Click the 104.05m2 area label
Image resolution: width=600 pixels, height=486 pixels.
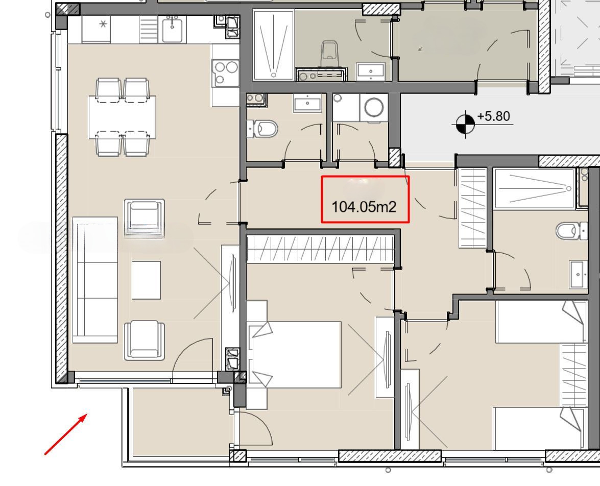pos(364,207)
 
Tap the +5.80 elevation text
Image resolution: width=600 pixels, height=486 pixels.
pos(494,116)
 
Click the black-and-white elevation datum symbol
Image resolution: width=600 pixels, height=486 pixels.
pos(465,124)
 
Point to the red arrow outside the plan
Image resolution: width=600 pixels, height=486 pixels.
pos(66,434)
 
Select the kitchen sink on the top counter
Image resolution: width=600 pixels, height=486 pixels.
pos(172,30)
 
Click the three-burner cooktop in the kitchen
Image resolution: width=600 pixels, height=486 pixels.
pos(225,72)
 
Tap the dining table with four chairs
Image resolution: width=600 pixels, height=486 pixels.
pos(122,117)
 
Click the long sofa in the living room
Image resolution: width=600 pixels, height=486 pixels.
pos(95,280)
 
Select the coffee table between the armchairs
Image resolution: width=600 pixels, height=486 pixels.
pos(146,280)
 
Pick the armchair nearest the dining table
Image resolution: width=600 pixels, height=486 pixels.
pos(145,218)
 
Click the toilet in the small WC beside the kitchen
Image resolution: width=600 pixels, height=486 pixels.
pos(262,129)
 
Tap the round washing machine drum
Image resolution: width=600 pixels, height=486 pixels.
pos(374,107)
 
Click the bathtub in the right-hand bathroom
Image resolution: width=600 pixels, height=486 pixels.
pos(535,189)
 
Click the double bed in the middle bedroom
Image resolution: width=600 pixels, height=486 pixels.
pos(294,355)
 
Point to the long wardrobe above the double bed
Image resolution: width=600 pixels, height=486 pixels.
pos(320,249)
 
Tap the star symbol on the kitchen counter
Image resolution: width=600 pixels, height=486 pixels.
pos(103,24)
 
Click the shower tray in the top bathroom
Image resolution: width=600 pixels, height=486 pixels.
pos(273,45)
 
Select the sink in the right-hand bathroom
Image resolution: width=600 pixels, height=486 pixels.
pos(578,274)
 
